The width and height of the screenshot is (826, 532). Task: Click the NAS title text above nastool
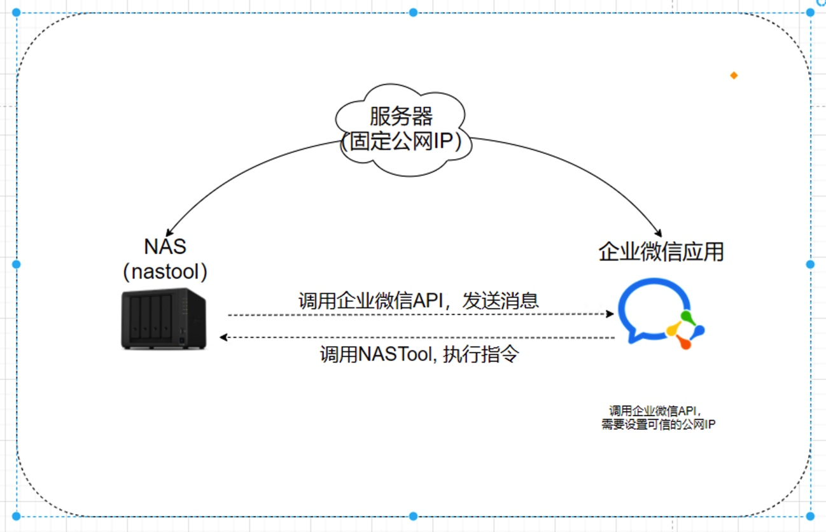click(165, 246)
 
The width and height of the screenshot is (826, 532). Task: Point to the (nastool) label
click(165, 272)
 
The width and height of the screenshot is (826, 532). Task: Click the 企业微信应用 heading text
click(661, 252)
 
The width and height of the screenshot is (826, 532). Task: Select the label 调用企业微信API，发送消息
click(419, 300)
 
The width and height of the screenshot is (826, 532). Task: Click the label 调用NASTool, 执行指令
click(419, 354)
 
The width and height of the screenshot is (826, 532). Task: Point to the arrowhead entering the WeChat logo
click(610, 314)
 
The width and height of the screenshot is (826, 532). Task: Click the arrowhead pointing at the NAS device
click(223, 337)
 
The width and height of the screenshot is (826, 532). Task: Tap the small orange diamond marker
click(734, 75)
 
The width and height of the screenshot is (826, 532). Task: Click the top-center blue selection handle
click(413, 12)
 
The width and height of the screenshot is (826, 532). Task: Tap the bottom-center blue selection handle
click(413, 516)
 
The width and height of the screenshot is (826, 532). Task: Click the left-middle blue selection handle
click(17, 264)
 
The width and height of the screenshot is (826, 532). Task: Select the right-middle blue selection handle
click(810, 264)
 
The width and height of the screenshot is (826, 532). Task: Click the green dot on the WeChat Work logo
click(685, 316)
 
